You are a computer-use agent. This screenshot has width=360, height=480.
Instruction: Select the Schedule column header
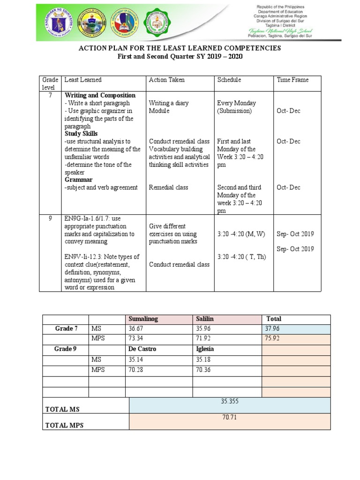click(229, 80)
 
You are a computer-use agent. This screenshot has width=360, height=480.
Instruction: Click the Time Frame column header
click(292, 80)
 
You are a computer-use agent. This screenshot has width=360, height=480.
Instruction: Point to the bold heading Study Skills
click(81, 134)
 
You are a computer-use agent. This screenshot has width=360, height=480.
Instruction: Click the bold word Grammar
click(79, 180)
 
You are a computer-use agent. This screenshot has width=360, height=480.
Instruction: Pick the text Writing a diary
click(169, 103)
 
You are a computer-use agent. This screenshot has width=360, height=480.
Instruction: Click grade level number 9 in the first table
click(50, 218)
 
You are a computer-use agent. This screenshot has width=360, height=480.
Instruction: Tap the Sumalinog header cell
click(143, 319)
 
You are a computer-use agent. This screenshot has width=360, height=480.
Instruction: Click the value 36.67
click(136, 329)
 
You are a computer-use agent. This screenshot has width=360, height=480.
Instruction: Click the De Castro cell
click(142, 349)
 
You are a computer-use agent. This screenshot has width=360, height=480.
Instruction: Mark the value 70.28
click(136, 369)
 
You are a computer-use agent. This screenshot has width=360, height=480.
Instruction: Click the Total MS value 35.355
click(230, 401)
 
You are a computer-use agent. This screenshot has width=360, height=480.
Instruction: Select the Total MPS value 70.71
click(230, 417)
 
